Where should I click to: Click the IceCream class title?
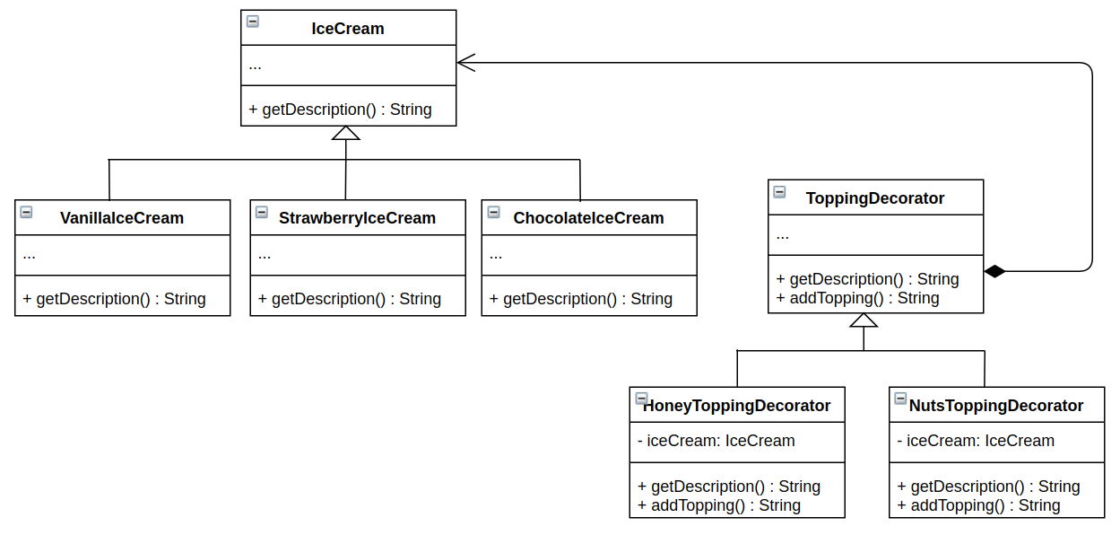point(348,29)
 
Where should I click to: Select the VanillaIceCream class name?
point(122,218)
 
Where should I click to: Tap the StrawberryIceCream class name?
point(357,218)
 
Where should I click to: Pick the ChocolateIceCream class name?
point(588,218)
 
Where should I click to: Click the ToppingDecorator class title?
point(875,198)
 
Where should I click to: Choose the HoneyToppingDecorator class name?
point(737,406)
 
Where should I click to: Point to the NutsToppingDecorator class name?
point(996,406)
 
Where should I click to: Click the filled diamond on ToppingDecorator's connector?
point(994,271)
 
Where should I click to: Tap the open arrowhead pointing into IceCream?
point(465,62)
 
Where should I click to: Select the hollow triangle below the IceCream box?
point(345,133)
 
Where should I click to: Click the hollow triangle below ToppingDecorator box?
point(864,320)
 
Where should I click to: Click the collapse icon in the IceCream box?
point(252,22)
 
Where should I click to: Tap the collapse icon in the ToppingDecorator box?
point(779,191)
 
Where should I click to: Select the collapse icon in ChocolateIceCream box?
point(493,212)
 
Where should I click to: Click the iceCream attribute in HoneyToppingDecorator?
point(716,441)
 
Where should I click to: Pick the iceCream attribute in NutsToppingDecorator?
point(976,441)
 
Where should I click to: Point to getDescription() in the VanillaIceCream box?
point(114,299)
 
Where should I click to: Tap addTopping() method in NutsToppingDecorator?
point(978,505)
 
